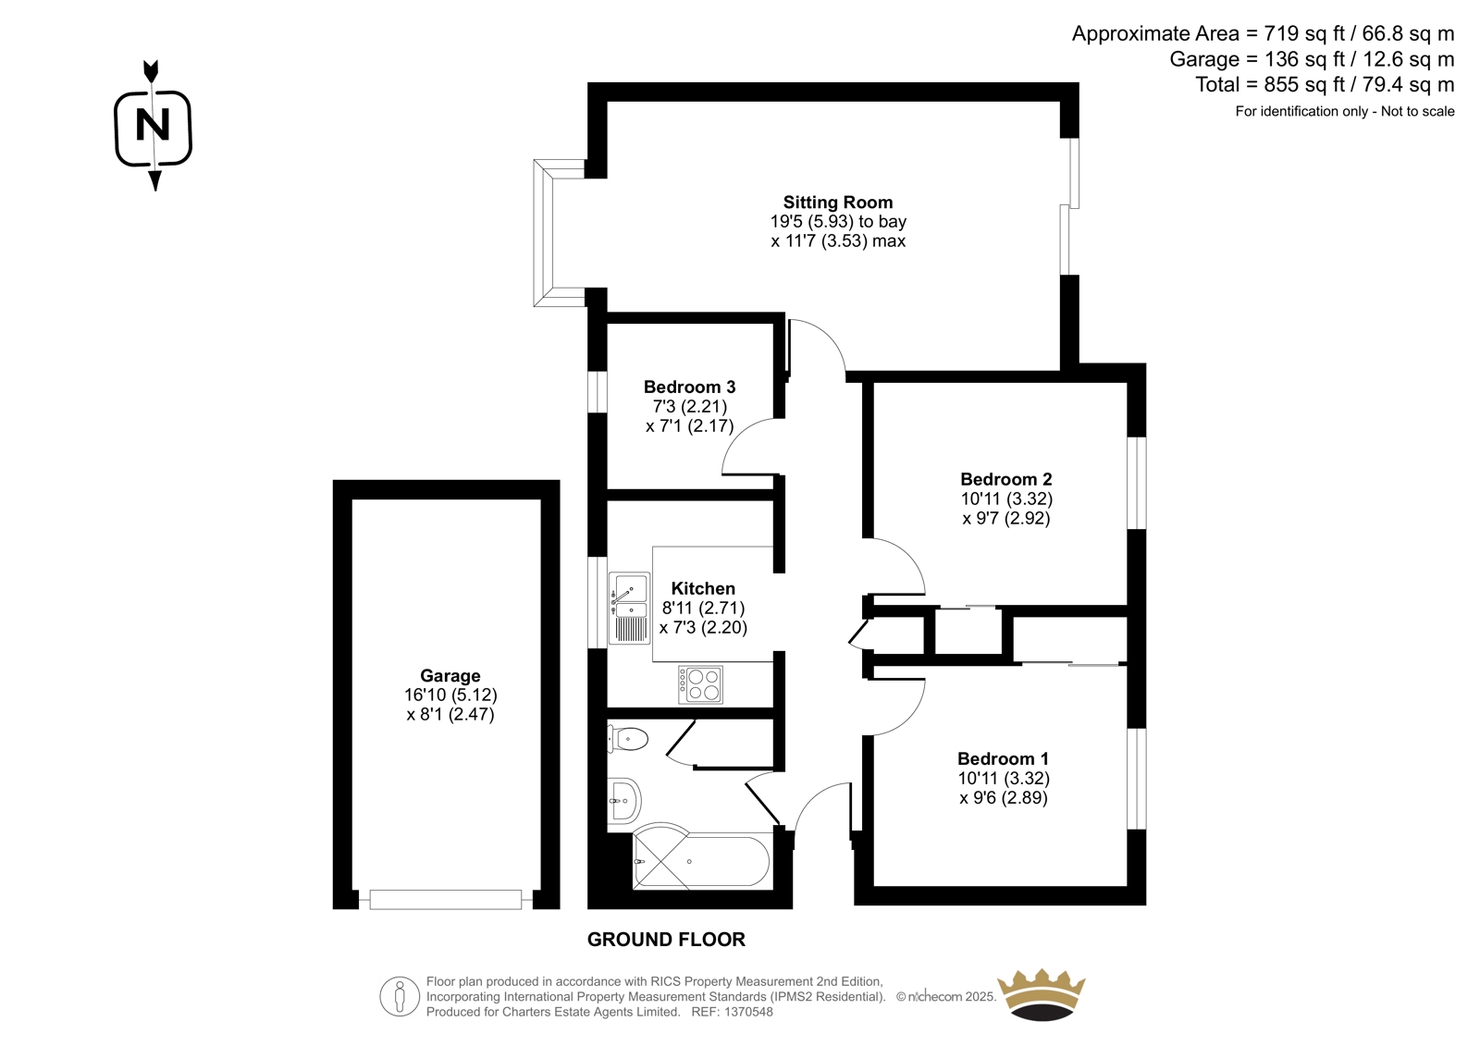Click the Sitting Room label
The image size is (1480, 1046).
(838, 203)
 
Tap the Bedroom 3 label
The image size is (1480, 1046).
(690, 387)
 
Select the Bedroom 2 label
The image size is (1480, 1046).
(1006, 479)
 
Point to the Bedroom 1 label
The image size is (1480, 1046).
(1003, 758)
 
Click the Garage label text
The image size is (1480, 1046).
(450, 676)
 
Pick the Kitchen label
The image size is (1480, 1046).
(703, 588)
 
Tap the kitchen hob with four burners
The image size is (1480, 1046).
(700, 684)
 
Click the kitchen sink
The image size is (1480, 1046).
(629, 608)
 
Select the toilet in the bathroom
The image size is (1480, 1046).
(627, 739)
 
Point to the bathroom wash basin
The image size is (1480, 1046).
(623, 800)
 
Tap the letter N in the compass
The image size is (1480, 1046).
(153, 125)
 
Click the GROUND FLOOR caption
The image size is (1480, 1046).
(666, 940)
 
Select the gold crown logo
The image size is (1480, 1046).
(1042, 995)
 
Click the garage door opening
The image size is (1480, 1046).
(445, 899)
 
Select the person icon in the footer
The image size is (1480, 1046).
(400, 996)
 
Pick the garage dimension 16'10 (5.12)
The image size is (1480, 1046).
(450, 695)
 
